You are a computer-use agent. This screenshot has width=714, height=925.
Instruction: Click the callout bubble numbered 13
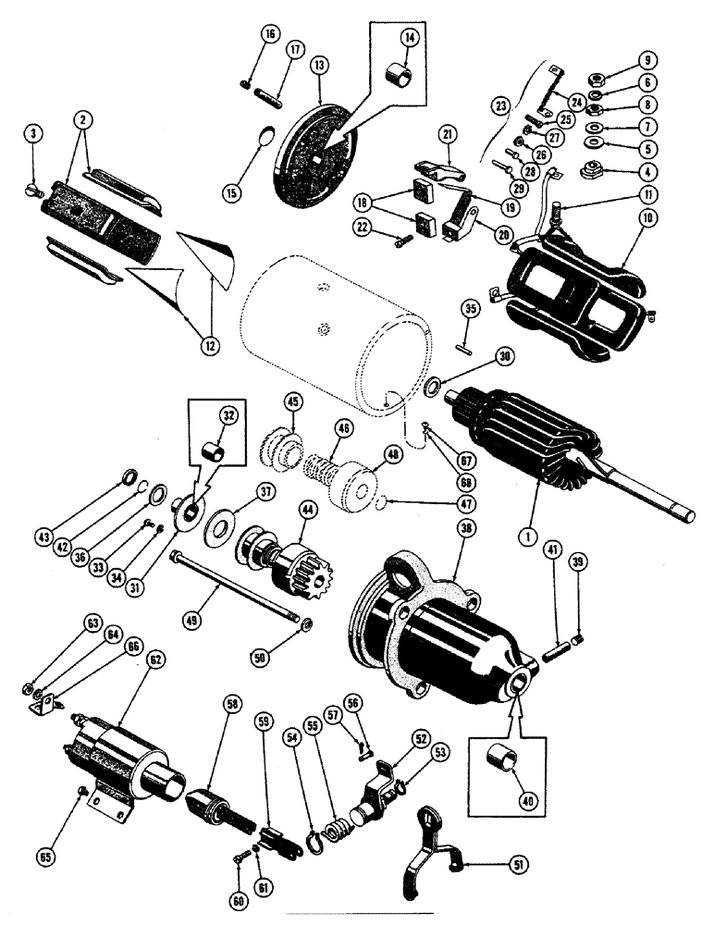(319, 68)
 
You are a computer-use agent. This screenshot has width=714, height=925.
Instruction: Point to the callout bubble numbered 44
(306, 509)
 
